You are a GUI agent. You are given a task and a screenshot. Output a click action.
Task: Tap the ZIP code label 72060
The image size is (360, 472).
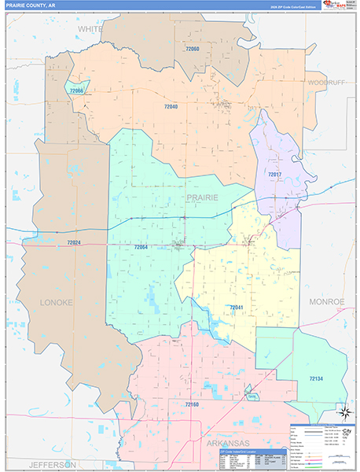pyautogui.click(x=193, y=50)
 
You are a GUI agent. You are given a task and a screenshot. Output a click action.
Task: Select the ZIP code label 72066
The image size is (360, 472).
pyautogui.click(x=76, y=91)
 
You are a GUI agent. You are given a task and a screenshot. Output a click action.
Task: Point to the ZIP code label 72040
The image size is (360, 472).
pyautogui.click(x=171, y=106)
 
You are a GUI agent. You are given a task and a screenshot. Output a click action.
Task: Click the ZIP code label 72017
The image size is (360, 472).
pyautogui.click(x=274, y=174)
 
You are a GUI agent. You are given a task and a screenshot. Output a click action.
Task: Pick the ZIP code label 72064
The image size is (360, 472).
pyautogui.click(x=141, y=247)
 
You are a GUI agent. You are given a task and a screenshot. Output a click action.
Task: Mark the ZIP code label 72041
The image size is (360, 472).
pyautogui.click(x=237, y=307)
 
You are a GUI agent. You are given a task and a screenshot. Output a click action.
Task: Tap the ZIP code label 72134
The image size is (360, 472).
pyautogui.click(x=315, y=379)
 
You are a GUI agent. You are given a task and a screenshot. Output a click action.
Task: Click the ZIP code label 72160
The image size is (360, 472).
pyautogui.click(x=193, y=404)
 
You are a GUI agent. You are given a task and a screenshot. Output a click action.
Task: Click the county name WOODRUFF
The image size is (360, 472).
pyautogui.click(x=327, y=83)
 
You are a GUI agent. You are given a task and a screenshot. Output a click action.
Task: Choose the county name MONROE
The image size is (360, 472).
pyautogui.click(x=327, y=301)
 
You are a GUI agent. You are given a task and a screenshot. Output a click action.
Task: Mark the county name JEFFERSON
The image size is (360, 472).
pyautogui.click(x=53, y=464)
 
